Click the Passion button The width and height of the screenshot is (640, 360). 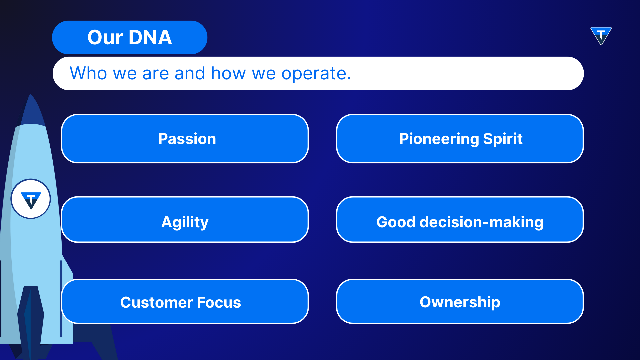185,139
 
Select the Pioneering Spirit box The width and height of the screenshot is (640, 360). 460,139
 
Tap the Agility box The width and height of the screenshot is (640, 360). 185,220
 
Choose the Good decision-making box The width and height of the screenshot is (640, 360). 460,220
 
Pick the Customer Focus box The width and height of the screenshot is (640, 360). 185,301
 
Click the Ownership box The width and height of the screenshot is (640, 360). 460,301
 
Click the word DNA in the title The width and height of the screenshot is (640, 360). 150,37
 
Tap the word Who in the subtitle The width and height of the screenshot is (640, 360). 88,73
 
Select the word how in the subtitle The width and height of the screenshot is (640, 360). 229,73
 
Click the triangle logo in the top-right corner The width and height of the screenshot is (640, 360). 601,36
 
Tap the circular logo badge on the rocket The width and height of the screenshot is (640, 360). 31,199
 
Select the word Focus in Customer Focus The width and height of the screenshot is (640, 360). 219,302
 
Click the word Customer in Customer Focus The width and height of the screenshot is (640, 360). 157,302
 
